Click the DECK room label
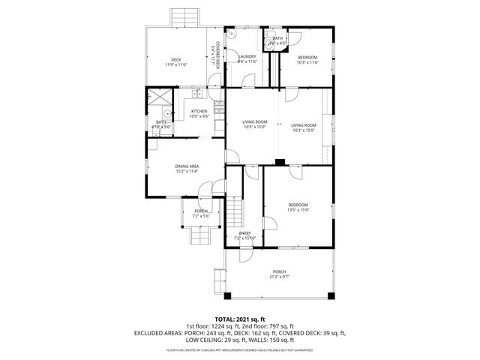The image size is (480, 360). tap(176, 62)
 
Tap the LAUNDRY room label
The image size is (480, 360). tap(247, 59)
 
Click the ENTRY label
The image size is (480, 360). tap(245, 235)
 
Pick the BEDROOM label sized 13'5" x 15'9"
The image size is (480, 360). tap(298, 208)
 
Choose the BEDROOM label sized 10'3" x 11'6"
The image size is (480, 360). tap(307, 60)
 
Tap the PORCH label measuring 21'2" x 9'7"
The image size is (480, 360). tap(279, 274)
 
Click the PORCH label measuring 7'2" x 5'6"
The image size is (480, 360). tap(201, 214)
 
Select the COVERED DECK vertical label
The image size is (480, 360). tap(217, 55)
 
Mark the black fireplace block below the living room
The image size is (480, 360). tap(279, 161)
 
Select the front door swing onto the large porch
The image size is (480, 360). tap(246, 255)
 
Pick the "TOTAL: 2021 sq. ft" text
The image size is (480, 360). tap(240, 319)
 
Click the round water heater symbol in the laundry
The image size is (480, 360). tap(232, 35)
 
